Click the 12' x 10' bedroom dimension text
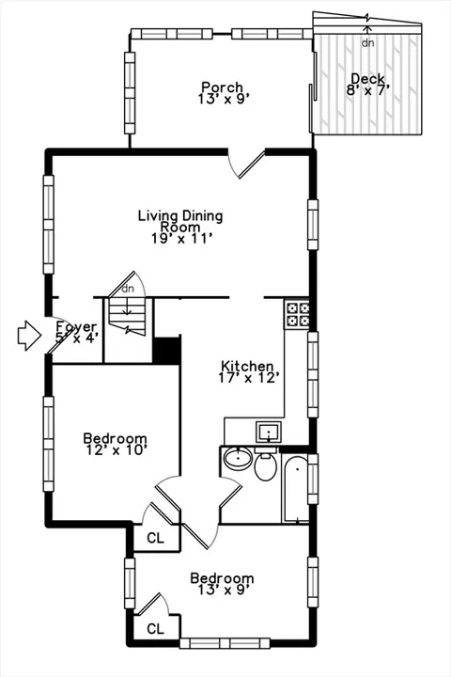(117, 450)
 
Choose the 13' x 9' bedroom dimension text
(223, 590)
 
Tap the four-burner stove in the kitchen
(297, 314)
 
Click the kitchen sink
(269, 433)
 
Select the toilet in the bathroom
(265, 464)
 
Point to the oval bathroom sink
(238, 459)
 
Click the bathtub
(296, 488)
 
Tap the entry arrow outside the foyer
(29, 335)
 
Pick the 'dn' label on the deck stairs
(367, 42)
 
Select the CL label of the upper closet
(156, 538)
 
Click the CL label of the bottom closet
(156, 629)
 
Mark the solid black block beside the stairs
(167, 350)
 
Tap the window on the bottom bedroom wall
(225, 643)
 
